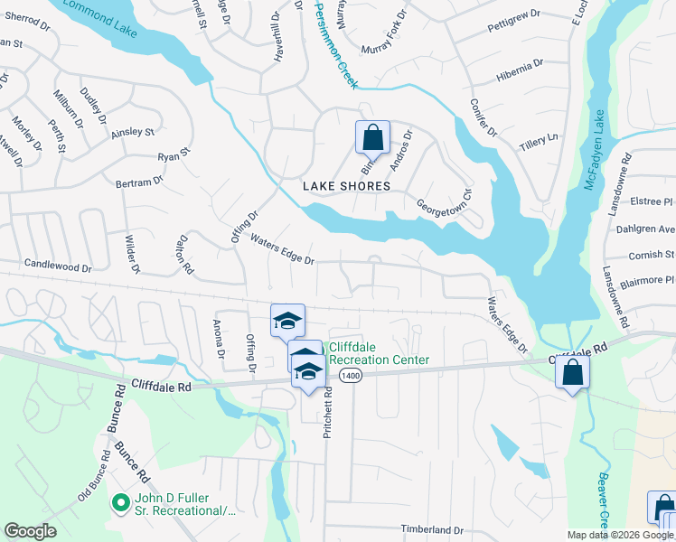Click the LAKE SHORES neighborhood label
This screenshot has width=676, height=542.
pos(346,186)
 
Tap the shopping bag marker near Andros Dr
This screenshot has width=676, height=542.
pos(372,138)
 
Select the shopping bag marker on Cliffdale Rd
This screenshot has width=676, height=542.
pos(573,372)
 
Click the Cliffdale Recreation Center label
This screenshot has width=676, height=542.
pos(378,353)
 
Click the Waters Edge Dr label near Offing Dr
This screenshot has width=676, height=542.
pos(282,251)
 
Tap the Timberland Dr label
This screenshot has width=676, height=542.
pos(432,530)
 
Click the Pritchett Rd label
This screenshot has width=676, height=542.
pos(328,414)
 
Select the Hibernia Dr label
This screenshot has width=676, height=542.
pos(520,70)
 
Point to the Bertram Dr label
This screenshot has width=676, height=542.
pos(139,182)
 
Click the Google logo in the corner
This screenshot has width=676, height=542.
pos(31,531)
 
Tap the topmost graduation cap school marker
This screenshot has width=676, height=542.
pos(287,321)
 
